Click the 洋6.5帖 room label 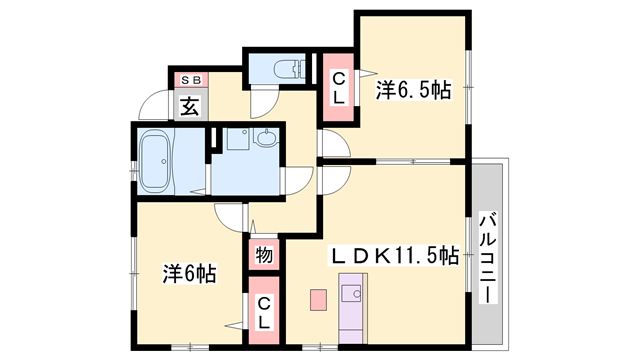(x=413, y=91)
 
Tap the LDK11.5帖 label (x=395, y=256)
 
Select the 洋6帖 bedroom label (x=190, y=272)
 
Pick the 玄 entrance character (x=189, y=103)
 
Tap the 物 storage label (x=263, y=255)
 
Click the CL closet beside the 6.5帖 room (x=339, y=87)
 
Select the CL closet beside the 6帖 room (x=263, y=312)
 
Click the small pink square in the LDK (x=318, y=298)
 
